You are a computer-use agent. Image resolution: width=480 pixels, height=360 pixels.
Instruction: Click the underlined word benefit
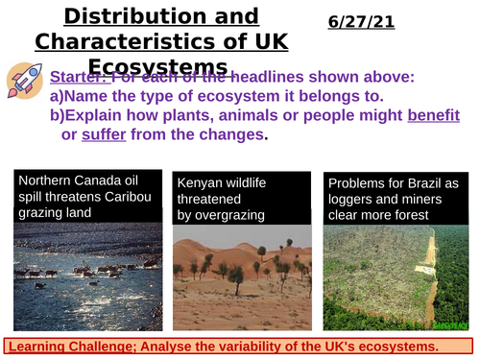tap(436, 115)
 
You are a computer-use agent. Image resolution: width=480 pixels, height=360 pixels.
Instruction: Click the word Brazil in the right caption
tap(421, 181)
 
